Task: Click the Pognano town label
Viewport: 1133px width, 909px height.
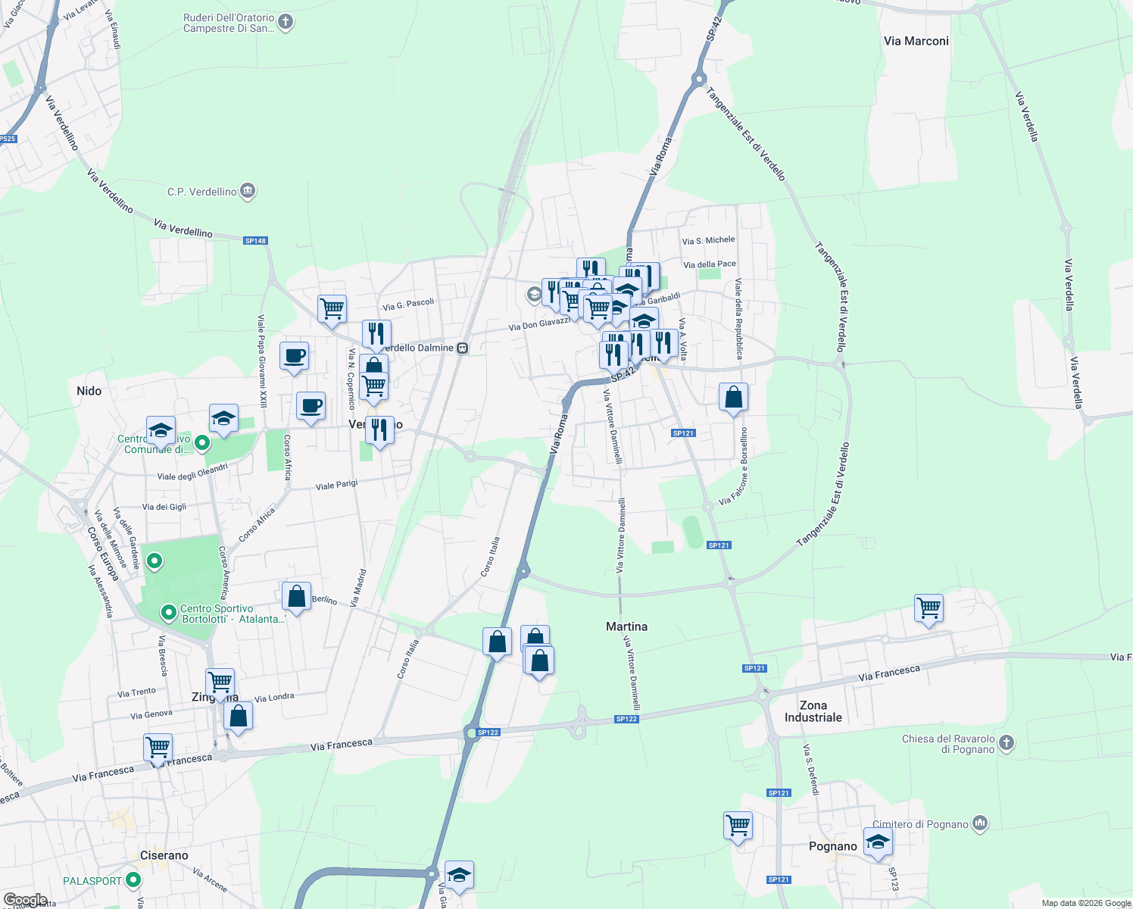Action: click(x=833, y=846)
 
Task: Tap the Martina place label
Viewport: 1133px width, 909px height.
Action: click(x=626, y=626)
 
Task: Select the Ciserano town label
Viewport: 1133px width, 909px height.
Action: click(x=164, y=855)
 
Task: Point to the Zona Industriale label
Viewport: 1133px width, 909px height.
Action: click(x=813, y=711)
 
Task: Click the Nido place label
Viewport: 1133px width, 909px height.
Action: click(x=89, y=391)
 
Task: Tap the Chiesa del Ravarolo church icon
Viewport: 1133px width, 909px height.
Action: click(x=1007, y=743)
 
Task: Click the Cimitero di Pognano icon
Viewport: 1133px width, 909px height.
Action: click(x=980, y=823)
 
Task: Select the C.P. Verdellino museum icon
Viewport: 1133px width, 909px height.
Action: click(x=248, y=192)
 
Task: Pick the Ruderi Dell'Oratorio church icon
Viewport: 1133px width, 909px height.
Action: click(x=286, y=22)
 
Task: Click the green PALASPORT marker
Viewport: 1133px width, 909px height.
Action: click(x=134, y=880)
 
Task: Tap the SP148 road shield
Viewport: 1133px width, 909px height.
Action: click(x=255, y=241)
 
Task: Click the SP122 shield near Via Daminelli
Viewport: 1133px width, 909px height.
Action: click(x=626, y=719)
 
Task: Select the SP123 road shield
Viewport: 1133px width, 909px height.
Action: click(x=893, y=872)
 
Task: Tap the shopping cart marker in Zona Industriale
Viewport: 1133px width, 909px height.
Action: click(x=929, y=608)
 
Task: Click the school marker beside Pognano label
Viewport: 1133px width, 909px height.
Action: click(x=878, y=842)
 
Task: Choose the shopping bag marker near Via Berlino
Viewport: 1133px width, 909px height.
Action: click(x=296, y=596)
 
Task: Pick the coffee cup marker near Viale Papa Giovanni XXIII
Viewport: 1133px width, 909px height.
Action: click(x=294, y=355)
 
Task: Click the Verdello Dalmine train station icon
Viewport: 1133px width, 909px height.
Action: click(x=463, y=348)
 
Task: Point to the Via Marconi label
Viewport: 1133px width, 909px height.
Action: click(x=916, y=41)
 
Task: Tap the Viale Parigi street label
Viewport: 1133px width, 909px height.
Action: click(x=336, y=485)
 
